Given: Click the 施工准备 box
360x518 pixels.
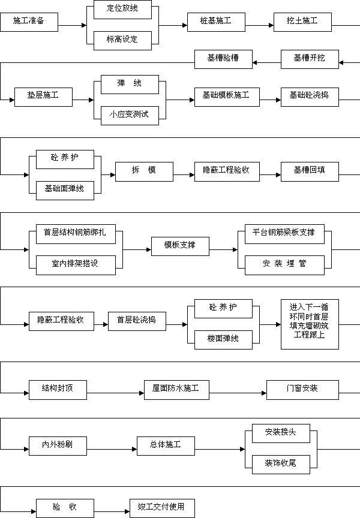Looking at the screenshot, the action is pos(29,22).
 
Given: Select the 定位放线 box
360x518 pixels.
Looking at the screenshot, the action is pos(122,9).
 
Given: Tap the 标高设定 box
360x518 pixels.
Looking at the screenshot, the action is pos(122,41).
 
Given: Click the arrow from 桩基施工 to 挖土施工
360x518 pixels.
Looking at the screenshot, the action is pos(260,25).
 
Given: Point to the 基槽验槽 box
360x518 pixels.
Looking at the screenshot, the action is pos(223,59).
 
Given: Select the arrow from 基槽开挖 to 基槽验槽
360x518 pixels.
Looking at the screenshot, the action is pos(267,62).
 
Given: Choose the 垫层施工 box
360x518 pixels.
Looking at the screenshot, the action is pos(43,97).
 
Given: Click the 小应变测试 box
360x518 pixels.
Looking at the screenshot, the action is pos(130,116).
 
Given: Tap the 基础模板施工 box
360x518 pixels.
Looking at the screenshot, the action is pos(227,97).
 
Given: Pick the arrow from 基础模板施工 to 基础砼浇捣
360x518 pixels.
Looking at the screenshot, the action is pos(271,100).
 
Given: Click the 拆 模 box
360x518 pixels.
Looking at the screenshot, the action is pos(144,172).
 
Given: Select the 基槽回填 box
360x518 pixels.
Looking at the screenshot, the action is pos(310,172).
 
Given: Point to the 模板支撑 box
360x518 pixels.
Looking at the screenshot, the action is pos(180,246).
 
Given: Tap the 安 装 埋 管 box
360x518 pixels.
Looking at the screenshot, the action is pos(284,265).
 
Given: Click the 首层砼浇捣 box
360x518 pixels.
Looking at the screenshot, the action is pos(137,321).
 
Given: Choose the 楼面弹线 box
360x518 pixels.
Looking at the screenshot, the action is pos(223,340).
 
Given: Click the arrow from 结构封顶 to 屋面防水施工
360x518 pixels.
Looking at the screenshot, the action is pos(115,393).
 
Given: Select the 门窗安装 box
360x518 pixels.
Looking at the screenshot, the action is pos(303,390).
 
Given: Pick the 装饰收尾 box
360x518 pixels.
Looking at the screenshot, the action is pos(281,465).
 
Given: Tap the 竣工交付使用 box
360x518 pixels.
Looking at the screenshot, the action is pos(163,508).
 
